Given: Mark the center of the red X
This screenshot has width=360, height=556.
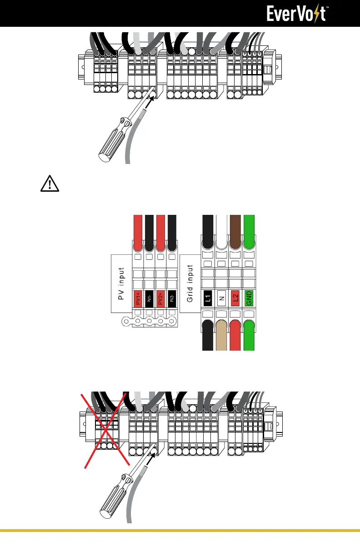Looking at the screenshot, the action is pyautogui.click(x=106, y=429).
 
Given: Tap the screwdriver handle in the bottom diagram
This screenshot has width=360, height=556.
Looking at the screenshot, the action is pyautogui.click(x=112, y=499).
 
